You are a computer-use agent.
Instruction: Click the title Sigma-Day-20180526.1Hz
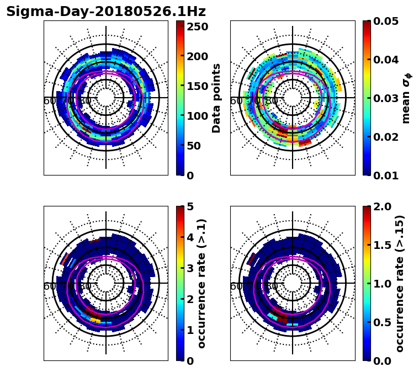106,12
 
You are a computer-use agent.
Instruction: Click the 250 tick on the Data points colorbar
197,26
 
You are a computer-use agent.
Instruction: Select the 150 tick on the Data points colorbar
197,86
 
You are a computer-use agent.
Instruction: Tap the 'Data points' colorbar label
216,98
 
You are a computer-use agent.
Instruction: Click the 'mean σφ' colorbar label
406,98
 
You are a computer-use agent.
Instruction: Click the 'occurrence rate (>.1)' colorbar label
202,284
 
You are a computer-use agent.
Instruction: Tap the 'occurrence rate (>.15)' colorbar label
400,284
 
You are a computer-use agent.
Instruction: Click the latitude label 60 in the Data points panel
49,101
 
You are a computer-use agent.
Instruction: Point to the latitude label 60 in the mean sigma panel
236,101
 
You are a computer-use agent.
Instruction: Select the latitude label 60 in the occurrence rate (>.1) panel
49,286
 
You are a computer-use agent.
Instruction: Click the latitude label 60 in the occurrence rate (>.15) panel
236,286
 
